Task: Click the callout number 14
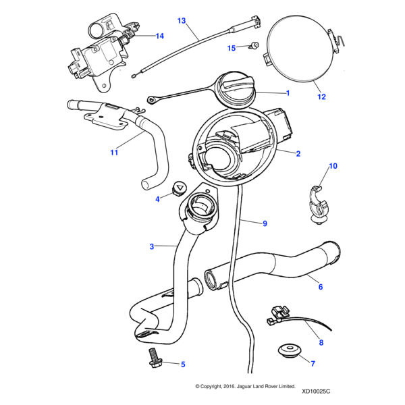(x=159, y=36)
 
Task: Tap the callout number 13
(x=182, y=21)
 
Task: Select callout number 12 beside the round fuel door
(x=321, y=97)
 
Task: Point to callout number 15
(x=232, y=48)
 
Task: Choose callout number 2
(x=298, y=153)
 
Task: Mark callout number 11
(x=114, y=153)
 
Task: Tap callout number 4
(x=158, y=199)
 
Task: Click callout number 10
(x=332, y=166)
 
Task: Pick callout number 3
(x=152, y=247)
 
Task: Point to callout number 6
(x=321, y=287)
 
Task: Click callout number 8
(x=321, y=343)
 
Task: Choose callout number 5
(x=183, y=364)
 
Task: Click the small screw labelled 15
(x=255, y=45)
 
